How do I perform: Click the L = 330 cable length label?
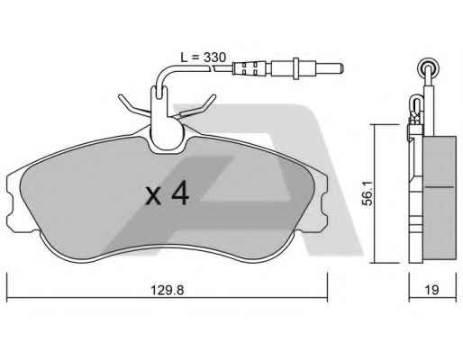[203, 57]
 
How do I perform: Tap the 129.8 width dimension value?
[167, 290]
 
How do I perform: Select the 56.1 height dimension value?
[368, 193]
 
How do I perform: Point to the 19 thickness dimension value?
[431, 290]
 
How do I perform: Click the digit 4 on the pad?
[180, 193]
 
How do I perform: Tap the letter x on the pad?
[153, 196]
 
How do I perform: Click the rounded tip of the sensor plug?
[341, 69]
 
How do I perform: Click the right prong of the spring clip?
[200, 105]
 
